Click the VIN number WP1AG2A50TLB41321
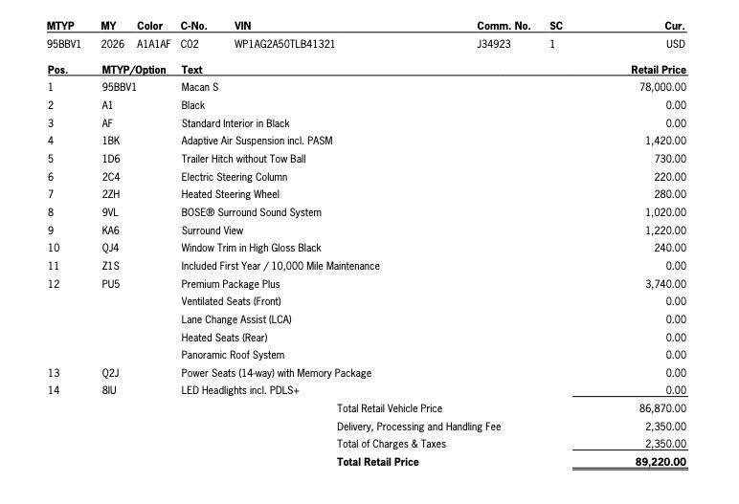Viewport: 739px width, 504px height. [284, 44]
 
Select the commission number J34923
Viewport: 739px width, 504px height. [494, 44]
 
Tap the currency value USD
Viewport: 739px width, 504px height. [676, 44]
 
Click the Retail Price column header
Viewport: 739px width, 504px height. [659, 70]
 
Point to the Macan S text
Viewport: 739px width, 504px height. [201, 87]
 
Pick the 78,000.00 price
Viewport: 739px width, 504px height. [662, 87]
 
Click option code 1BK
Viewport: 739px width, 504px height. [110, 141]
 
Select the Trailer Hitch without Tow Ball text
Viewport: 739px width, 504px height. [243, 159]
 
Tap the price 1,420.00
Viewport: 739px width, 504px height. [665, 141]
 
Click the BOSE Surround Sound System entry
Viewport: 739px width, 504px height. [251, 212]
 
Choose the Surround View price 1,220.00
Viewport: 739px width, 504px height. [665, 230]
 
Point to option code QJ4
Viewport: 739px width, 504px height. [110, 248]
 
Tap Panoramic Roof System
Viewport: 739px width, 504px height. [233, 355]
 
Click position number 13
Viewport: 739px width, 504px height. [53, 373]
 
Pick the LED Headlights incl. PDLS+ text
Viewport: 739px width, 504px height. [240, 390]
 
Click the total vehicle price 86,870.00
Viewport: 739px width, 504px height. [662, 408]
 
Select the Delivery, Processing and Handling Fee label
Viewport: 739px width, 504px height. [418, 427]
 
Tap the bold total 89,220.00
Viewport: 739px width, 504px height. [661, 462]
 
